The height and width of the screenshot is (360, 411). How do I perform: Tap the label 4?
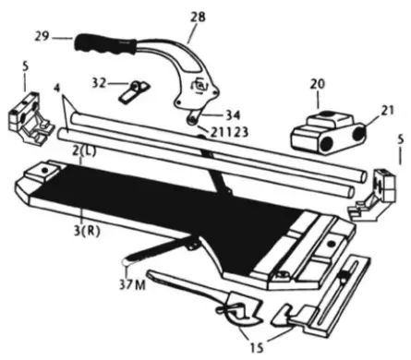click(x=56, y=90)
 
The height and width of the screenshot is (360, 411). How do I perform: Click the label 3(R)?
click(x=89, y=228)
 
